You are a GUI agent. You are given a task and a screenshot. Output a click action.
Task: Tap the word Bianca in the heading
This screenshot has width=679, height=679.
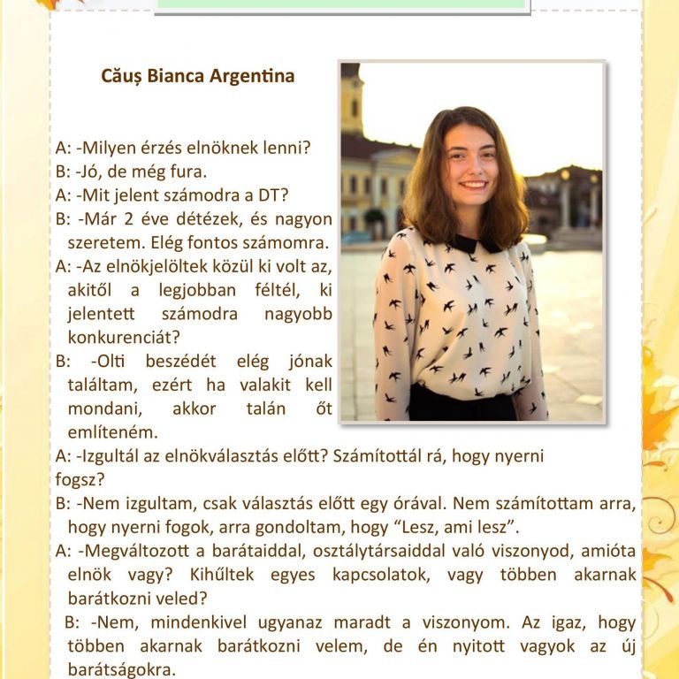coord(176,76)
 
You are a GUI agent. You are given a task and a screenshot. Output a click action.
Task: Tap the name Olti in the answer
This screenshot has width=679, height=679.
coord(108,361)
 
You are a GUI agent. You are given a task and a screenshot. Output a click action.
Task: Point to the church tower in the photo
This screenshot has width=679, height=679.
coord(352,102)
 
